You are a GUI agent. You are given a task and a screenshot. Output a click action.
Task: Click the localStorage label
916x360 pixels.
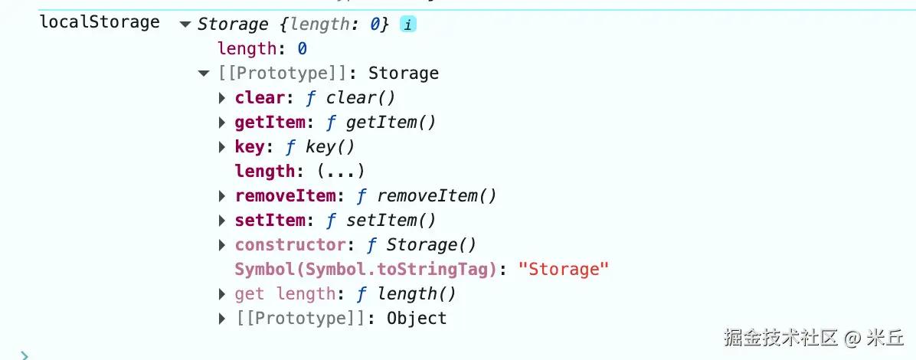tap(100, 22)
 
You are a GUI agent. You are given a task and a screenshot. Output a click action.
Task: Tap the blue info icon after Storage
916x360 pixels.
tap(407, 25)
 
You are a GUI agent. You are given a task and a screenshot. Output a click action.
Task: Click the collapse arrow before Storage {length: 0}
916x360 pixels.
tap(185, 25)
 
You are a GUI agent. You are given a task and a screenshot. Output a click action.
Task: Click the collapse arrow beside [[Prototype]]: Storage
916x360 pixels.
tap(203, 74)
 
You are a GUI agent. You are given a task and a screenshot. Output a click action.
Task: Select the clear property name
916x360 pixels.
tap(260, 97)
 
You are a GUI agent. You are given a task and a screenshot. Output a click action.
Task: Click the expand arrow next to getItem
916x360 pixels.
tap(222, 123)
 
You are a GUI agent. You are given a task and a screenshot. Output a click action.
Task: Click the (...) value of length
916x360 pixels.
tap(340, 172)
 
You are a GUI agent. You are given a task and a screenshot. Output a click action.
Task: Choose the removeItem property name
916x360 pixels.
tap(285, 196)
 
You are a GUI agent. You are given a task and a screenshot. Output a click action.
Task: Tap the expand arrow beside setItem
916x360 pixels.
tap(222, 221)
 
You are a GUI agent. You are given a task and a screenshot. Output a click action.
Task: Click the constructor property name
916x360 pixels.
tap(290, 245)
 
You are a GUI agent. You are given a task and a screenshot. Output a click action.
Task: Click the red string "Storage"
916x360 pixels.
tap(564, 270)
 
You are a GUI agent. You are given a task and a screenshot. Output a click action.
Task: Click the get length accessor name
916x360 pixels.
tap(285, 294)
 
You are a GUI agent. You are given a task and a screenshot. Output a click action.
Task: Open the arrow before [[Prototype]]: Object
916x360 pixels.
tap(222, 319)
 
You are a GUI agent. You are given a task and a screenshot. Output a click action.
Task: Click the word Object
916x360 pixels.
tap(417, 319)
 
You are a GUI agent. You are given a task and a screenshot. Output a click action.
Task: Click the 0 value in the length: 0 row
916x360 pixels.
tap(302, 48)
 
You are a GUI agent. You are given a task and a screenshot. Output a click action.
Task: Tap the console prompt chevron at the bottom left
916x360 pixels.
tap(24, 355)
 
